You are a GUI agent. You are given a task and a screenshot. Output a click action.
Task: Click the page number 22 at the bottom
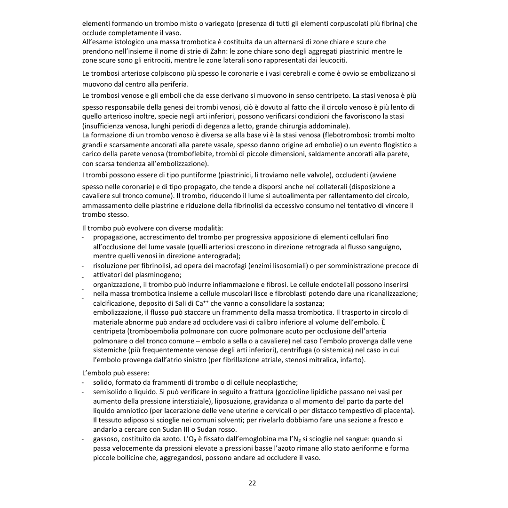(x=252, y=483)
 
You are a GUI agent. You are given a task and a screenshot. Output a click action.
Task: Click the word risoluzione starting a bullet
(x=111, y=266)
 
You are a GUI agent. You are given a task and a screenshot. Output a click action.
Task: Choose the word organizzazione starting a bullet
(x=116, y=285)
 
